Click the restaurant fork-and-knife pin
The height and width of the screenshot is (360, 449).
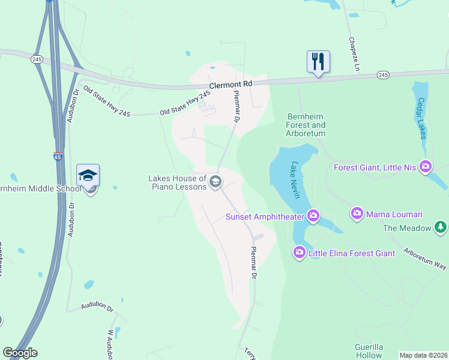pos(318,62)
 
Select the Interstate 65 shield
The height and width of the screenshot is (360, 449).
pos(58,157)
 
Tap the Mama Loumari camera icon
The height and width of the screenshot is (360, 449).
pos(357,213)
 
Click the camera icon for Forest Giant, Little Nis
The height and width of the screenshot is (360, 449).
pos(426,166)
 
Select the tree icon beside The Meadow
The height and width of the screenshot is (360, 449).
pos(441,227)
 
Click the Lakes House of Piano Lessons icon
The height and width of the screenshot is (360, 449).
pos(215,181)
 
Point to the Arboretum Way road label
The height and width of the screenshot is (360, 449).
pos(425,258)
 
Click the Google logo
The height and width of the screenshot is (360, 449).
pos(20,353)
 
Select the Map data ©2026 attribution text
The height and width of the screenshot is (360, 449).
pos(423,355)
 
